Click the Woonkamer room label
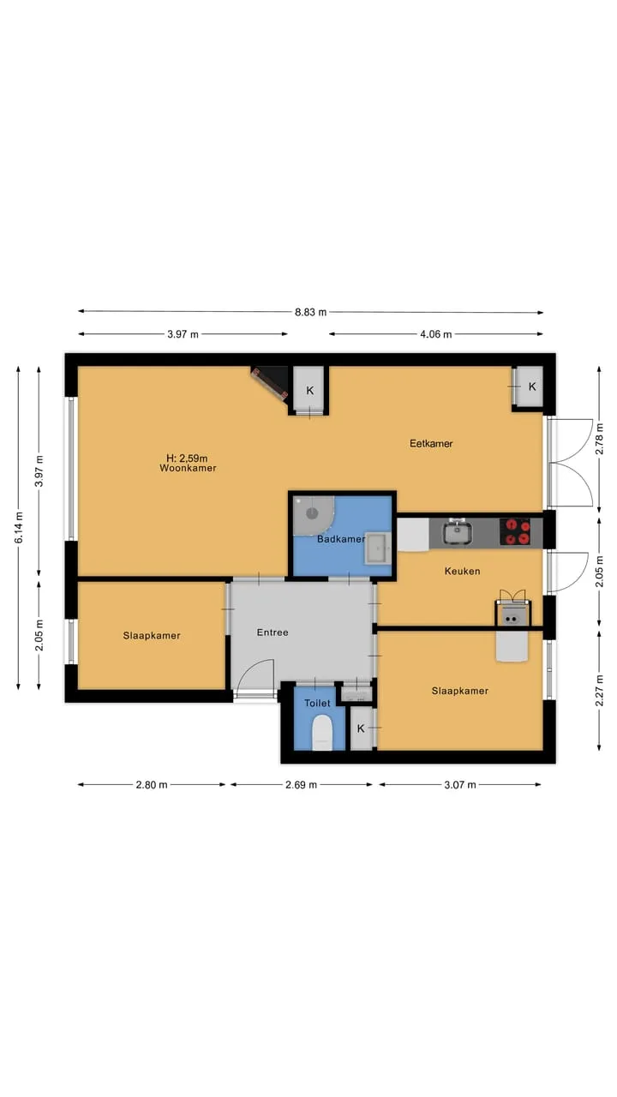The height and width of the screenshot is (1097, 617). (188, 468)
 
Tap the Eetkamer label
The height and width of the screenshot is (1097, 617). (431, 444)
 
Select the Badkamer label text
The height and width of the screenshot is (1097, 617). (341, 539)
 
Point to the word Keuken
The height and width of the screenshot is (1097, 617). (462, 571)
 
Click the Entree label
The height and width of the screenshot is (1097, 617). (273, 632)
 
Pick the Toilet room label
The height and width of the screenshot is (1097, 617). (317, 704)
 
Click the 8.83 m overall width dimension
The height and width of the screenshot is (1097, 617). (310, 312)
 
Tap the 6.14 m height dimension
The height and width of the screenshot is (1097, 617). (19, 527)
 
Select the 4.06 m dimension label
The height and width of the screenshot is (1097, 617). (436, 334)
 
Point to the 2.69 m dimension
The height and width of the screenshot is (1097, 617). (301, 785)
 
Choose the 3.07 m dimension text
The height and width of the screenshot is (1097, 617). (460, 785)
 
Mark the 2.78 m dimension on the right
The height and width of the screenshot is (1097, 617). (599, 440)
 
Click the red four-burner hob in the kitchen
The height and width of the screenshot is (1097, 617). (515, 532)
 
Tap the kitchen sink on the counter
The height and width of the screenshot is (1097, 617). (458, 532)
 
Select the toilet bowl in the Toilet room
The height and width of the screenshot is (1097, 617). (322, 733)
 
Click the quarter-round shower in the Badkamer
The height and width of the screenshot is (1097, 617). (313, 515)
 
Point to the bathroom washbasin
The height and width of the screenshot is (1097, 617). (378, 548)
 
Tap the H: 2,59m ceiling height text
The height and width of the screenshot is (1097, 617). (187, 459)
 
